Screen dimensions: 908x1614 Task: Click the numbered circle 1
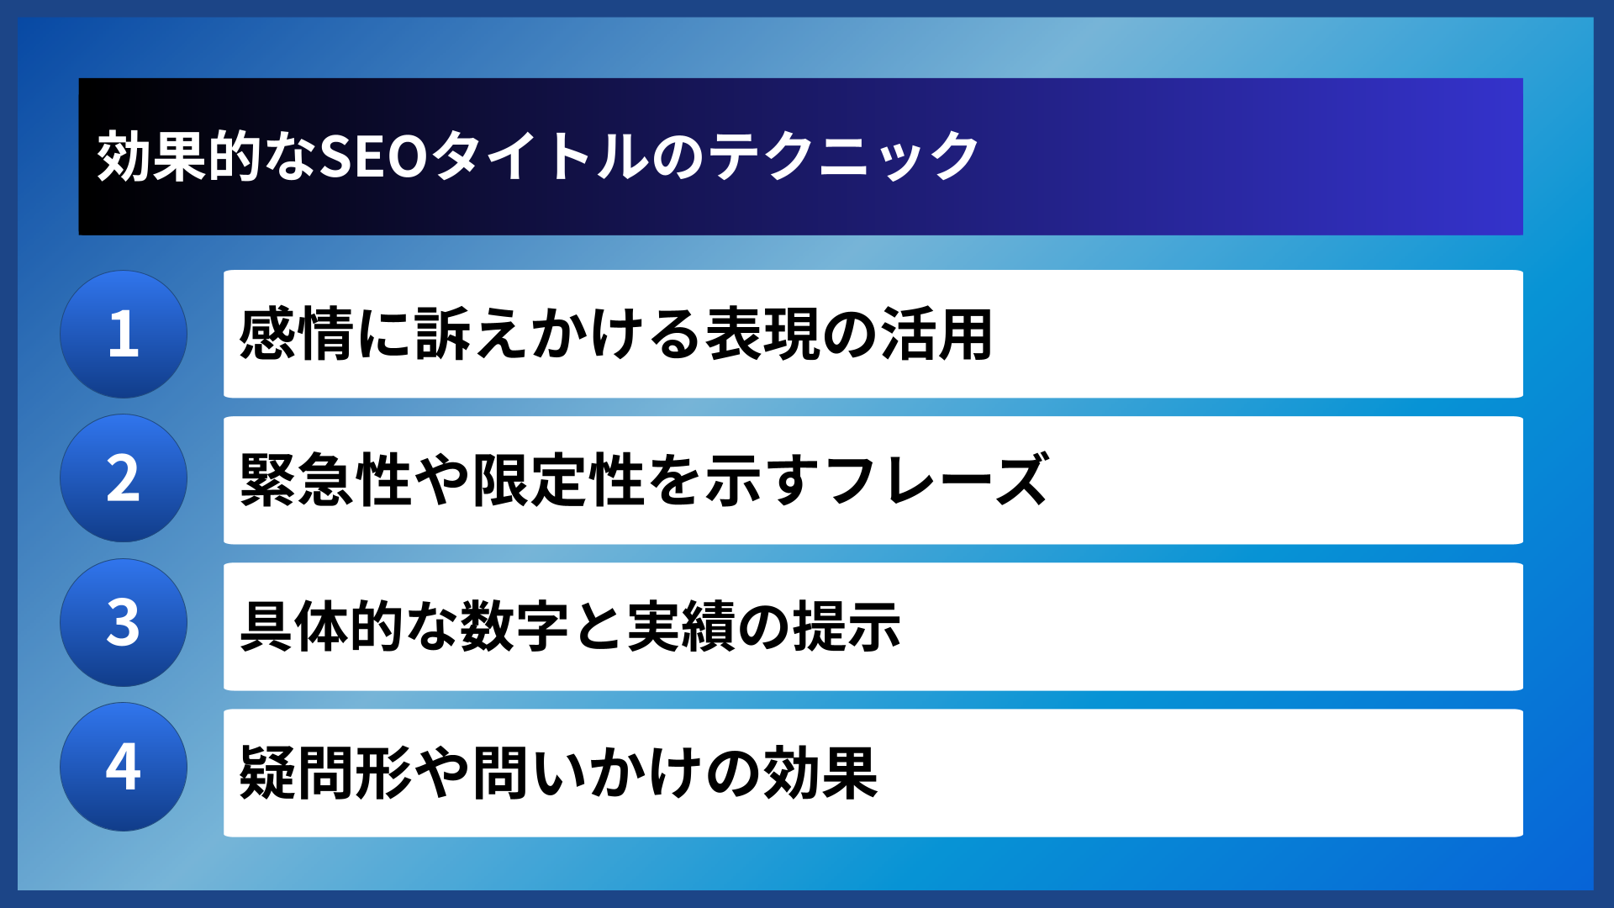pyautogui.click(x=124, y=334)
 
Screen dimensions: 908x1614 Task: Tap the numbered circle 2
pyautogui.click(x=124, y=478)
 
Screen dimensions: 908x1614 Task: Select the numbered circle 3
pyautogui.click(x=124, y=623)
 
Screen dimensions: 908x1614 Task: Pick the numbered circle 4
pyautogui.click(x=124, y=767)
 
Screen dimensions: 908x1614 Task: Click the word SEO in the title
pyautogui.click(x=375, y=157)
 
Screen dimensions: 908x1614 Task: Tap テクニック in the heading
pyautogui.click(x=844, y=157)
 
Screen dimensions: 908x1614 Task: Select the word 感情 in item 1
pyautogui.click(x=297, y=335)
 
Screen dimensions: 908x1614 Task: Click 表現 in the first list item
pyautogui.click(x=762, y=335)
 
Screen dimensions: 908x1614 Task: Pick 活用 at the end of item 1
pyautogui.click(x=936, y=335)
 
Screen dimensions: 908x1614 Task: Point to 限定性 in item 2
pyautogui.click(x=559, y=480)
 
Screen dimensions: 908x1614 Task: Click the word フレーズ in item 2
pyautogui.click(x=936, y=480)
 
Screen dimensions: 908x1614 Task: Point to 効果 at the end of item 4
pyautogui.click(x=820, y=773)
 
